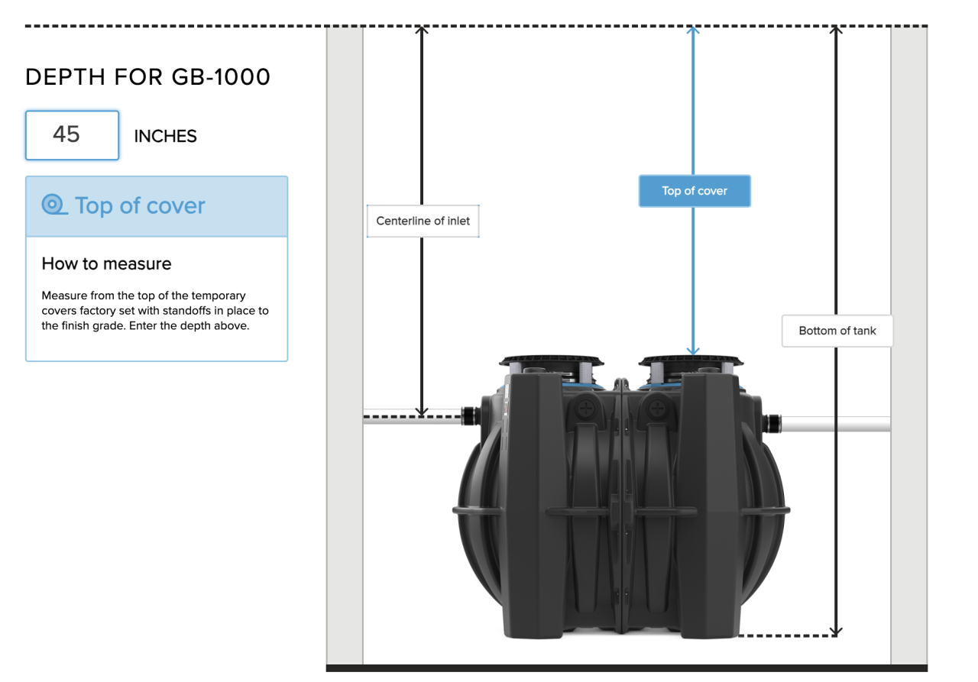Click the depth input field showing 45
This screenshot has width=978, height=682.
point(72,135)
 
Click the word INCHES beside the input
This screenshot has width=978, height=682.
point(165,137)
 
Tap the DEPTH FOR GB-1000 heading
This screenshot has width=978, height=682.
point(147,77)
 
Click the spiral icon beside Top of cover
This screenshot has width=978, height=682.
point(54,205)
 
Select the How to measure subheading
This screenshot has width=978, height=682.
point(106,264)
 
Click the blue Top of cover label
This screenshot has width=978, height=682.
point(695,191)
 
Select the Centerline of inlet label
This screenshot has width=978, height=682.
point(423,221)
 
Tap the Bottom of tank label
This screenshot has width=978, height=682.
point(837,331)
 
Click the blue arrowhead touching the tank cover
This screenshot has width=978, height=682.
point(693,350)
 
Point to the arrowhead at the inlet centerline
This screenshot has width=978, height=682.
point(422,412)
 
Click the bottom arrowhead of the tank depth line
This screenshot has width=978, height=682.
point(836,631)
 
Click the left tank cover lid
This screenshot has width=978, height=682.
point(552,360)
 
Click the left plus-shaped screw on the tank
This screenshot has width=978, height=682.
point(587,409)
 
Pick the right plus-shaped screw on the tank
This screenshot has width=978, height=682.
point(655,409)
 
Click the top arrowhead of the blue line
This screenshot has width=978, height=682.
point(693,31)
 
